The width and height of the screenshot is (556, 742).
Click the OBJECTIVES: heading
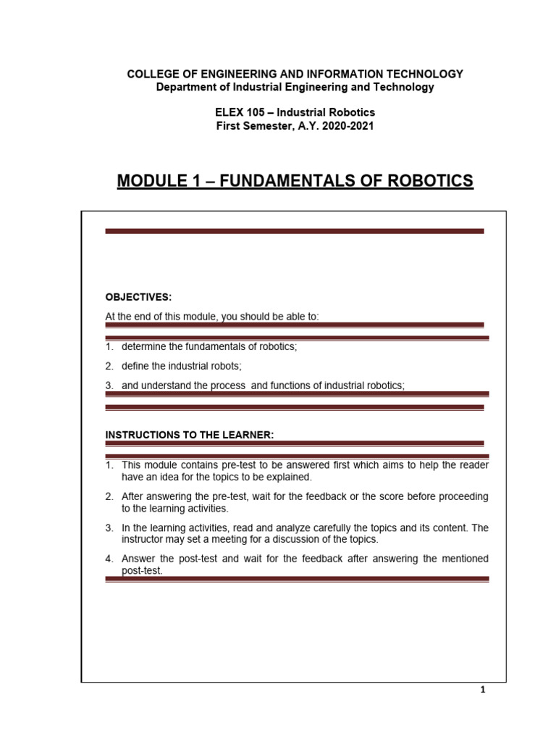click(x=138, y=297)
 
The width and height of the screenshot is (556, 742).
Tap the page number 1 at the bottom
click(x=483, y=691)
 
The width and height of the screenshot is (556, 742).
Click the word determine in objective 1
click(x=145, y=346)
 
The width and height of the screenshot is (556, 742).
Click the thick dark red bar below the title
click(x=295, y=231)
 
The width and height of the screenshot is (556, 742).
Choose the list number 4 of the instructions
click(x=109, y=559)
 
